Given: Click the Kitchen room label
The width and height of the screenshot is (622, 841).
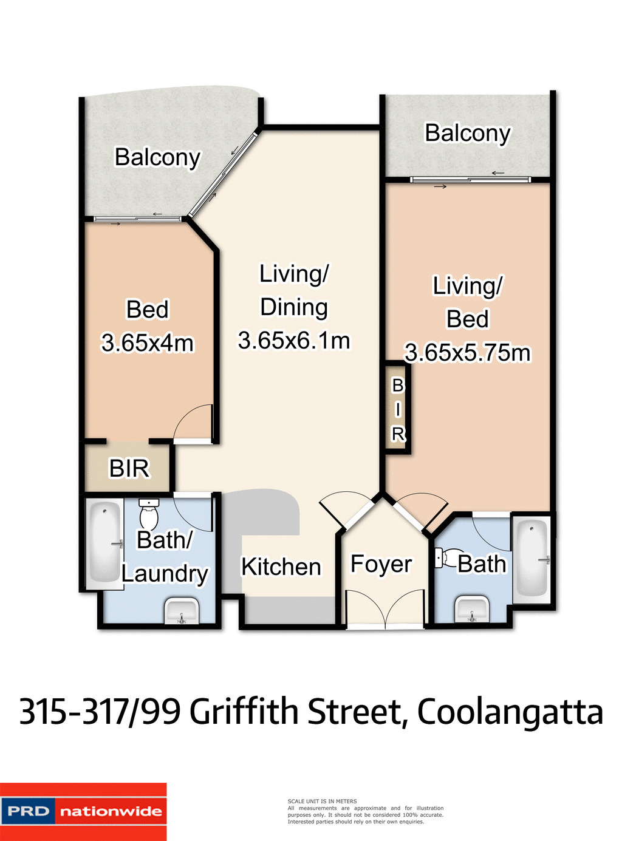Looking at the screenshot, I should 281,567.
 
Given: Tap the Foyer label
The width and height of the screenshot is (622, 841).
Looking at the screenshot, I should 381,564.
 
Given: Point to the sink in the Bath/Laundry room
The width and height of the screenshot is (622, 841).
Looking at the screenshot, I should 181,611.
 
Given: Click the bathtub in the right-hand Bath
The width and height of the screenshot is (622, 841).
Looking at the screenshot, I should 533,557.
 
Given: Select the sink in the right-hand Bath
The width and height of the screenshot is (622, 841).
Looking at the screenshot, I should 472,609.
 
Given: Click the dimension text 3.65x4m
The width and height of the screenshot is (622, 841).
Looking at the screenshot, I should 147,343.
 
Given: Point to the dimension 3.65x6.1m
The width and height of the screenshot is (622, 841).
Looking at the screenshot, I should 294,341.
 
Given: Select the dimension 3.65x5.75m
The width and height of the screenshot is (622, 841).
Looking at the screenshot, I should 467,353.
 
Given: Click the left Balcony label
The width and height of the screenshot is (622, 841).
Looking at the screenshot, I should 157,157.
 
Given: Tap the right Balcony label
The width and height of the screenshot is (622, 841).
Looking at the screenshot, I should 468,133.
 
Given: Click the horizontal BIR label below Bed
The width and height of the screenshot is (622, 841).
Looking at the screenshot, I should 129,468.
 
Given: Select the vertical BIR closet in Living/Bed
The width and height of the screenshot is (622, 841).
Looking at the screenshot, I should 398,409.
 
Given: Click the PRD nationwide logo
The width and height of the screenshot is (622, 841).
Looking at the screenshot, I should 83,811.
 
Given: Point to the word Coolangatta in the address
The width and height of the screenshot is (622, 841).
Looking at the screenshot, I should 510,712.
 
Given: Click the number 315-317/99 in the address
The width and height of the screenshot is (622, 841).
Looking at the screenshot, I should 100,712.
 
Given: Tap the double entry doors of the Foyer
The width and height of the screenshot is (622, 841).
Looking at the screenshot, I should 385,607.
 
